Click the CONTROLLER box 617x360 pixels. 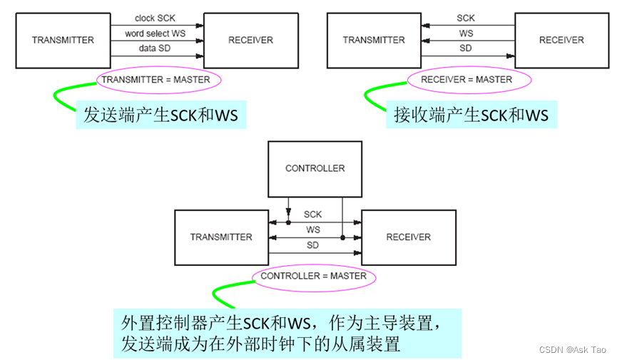point(315,169)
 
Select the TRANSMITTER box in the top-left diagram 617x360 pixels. point(63,40)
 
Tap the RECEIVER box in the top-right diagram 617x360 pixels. point(561,40)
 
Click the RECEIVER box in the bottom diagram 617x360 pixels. point(408,237)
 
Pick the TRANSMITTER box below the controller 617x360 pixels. point(221,237)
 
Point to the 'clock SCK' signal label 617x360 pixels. point(155,18)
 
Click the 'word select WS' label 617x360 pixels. point(155,34)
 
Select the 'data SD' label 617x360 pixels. point(155,48)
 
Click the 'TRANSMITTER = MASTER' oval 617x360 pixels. point(155,80)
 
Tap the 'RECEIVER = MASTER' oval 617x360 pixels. point(466,80)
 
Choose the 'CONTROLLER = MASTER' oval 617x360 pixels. point(313,276)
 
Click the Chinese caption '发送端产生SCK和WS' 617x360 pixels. point(161,115)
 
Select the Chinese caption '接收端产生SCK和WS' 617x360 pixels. point(471,115)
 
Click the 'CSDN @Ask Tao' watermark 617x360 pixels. point(571,350)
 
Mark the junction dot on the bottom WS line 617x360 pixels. point(342,237)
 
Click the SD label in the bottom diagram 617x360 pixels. point(313,245)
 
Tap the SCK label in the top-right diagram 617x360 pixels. point(466,18)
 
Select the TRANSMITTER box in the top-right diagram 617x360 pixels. point(374,40)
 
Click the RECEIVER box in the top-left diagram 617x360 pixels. point(250,40)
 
